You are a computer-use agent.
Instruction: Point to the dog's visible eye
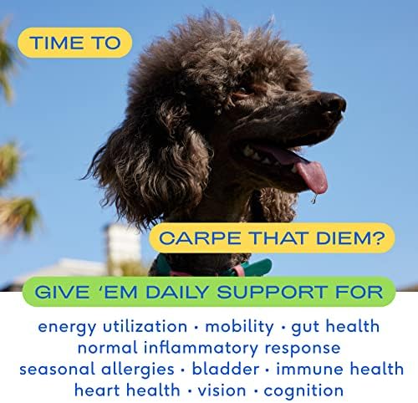242,92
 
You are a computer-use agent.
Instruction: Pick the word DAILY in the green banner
177,292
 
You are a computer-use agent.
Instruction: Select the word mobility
239,326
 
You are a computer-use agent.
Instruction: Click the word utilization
145,326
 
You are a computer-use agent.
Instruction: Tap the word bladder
226,369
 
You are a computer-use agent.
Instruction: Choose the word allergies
138,370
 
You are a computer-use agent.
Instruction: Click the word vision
222,390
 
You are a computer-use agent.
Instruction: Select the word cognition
303,391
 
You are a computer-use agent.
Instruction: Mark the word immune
310,369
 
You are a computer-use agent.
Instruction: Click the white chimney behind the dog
123,245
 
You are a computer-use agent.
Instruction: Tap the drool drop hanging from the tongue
314,198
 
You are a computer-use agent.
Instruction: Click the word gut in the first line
305,327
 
